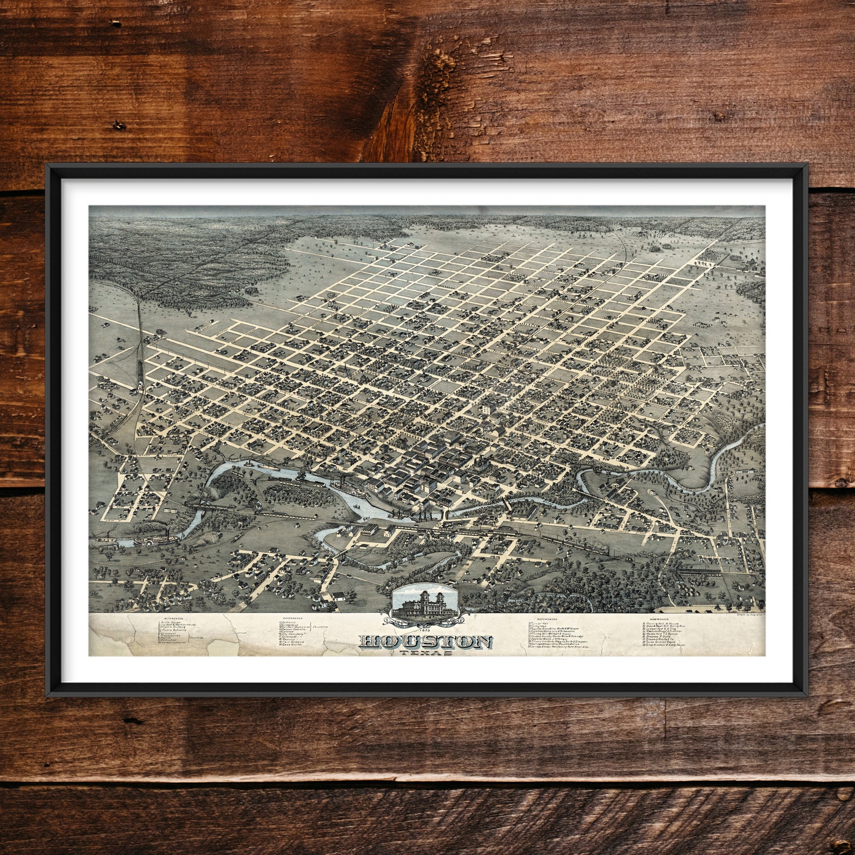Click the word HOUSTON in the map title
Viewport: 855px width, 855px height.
pos(425,642)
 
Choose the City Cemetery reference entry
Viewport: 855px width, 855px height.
pos(294,634)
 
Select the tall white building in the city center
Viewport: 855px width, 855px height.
pos(487,409)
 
